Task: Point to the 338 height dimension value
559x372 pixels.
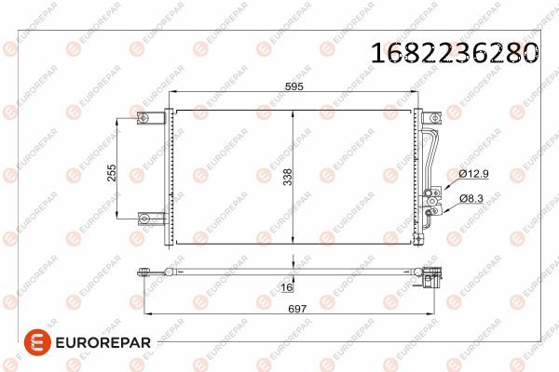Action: coord(300,177)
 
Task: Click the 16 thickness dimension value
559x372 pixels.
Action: coord(288,289)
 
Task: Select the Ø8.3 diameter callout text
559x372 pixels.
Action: coord(471,198)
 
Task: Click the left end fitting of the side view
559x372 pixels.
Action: coord(145,272)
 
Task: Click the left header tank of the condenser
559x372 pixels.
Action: coord(169,177)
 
